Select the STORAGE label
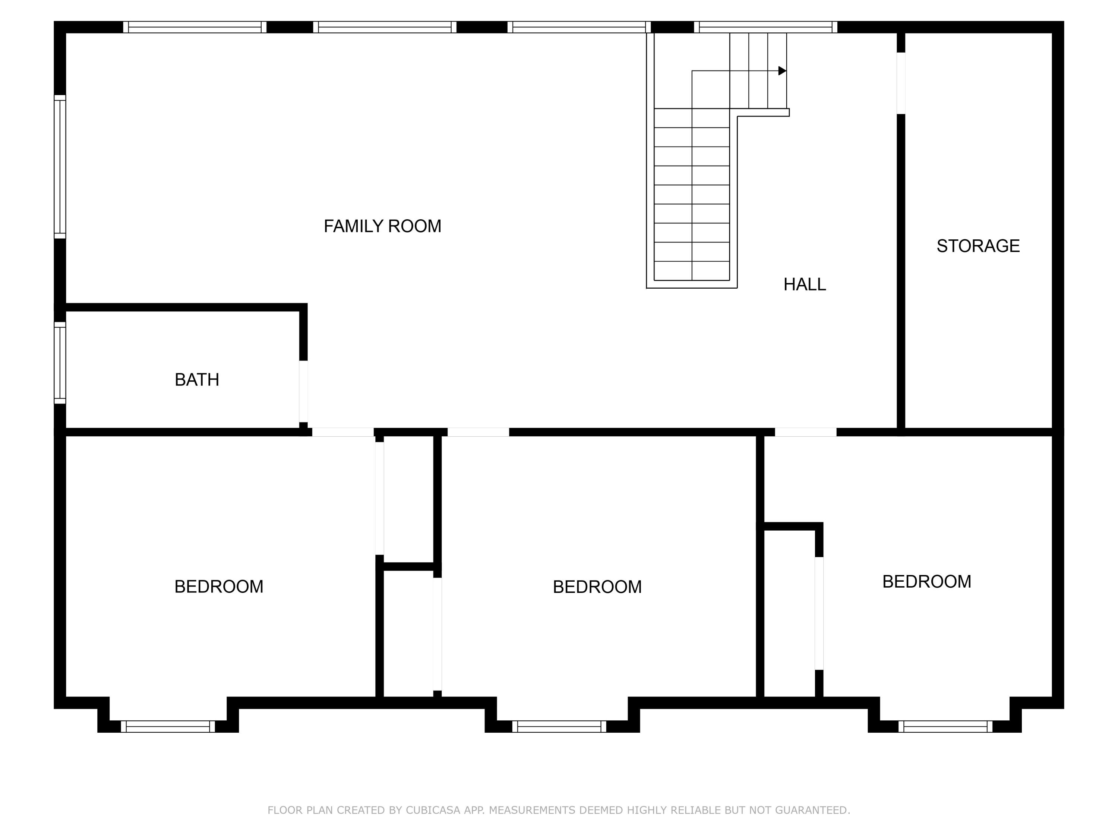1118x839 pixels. [x=978, y=246]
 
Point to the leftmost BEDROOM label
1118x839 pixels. [x=218, y=587]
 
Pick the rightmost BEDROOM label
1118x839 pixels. [x=926, y=582]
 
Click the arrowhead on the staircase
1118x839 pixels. [x=782, y=71]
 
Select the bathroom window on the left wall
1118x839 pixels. [x=60, y=362]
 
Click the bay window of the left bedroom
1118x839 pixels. [x=168, y=726]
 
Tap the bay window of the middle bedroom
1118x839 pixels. [x=559, y=726]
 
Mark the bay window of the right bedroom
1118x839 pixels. [x=945, y=726]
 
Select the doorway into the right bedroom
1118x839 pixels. [x=806, y=432]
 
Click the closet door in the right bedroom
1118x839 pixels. [x=819, y=613]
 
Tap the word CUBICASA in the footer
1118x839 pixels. [x=433, y=810]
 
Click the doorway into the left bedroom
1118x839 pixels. [x=343, y=432]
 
